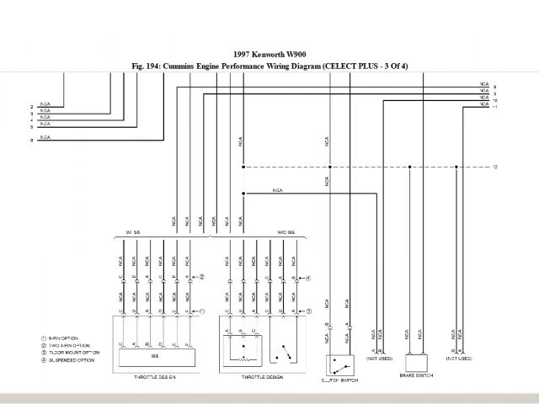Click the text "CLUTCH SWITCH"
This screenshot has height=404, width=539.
[339, 380]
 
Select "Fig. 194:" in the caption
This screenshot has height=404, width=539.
[149, 65]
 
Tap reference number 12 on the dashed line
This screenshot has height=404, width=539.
[495, 167]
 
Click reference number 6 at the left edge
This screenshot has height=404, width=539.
[32, 141]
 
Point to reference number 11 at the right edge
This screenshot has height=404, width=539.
[495, 108]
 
